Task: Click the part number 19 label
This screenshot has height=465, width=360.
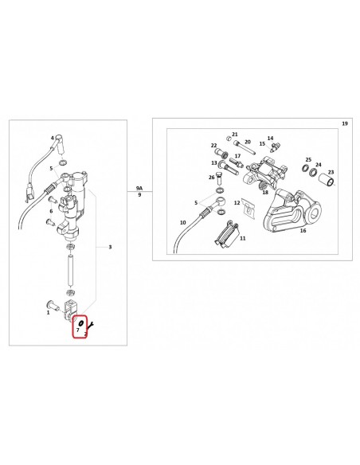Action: click(x=345, y=123)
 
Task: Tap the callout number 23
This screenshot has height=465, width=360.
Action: click(x=331, y=172)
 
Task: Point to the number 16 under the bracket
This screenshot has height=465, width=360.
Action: click(x=303, y=230)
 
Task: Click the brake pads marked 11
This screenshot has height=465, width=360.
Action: click(x=225, y=233)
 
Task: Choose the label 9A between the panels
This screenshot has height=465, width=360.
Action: click(x=139, y=188)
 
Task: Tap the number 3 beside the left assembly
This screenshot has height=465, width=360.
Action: click(x=110, y=247)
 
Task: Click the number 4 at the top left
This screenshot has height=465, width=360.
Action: click(x=53, y=138)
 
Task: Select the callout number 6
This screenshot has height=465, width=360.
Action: click(x=51, y=211)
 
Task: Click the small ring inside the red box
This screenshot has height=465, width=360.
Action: click(x=80, y=322)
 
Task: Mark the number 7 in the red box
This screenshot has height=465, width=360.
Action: click(x=78, y=330)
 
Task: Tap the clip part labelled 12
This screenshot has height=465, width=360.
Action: click(x=248, y=208)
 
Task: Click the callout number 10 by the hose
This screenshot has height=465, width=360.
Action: click(x=183, y=222)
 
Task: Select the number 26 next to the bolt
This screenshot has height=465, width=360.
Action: click(x=211, y=178)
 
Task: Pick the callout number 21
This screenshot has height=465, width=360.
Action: click(x=235, y=135)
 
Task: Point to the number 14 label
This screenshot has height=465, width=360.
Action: click(x=270, y=139)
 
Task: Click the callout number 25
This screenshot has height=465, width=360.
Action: click(x=308, y=160)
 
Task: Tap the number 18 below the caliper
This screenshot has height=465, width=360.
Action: click(x=265, y=192)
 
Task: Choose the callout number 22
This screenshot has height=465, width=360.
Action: click(x=213, y=145)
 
